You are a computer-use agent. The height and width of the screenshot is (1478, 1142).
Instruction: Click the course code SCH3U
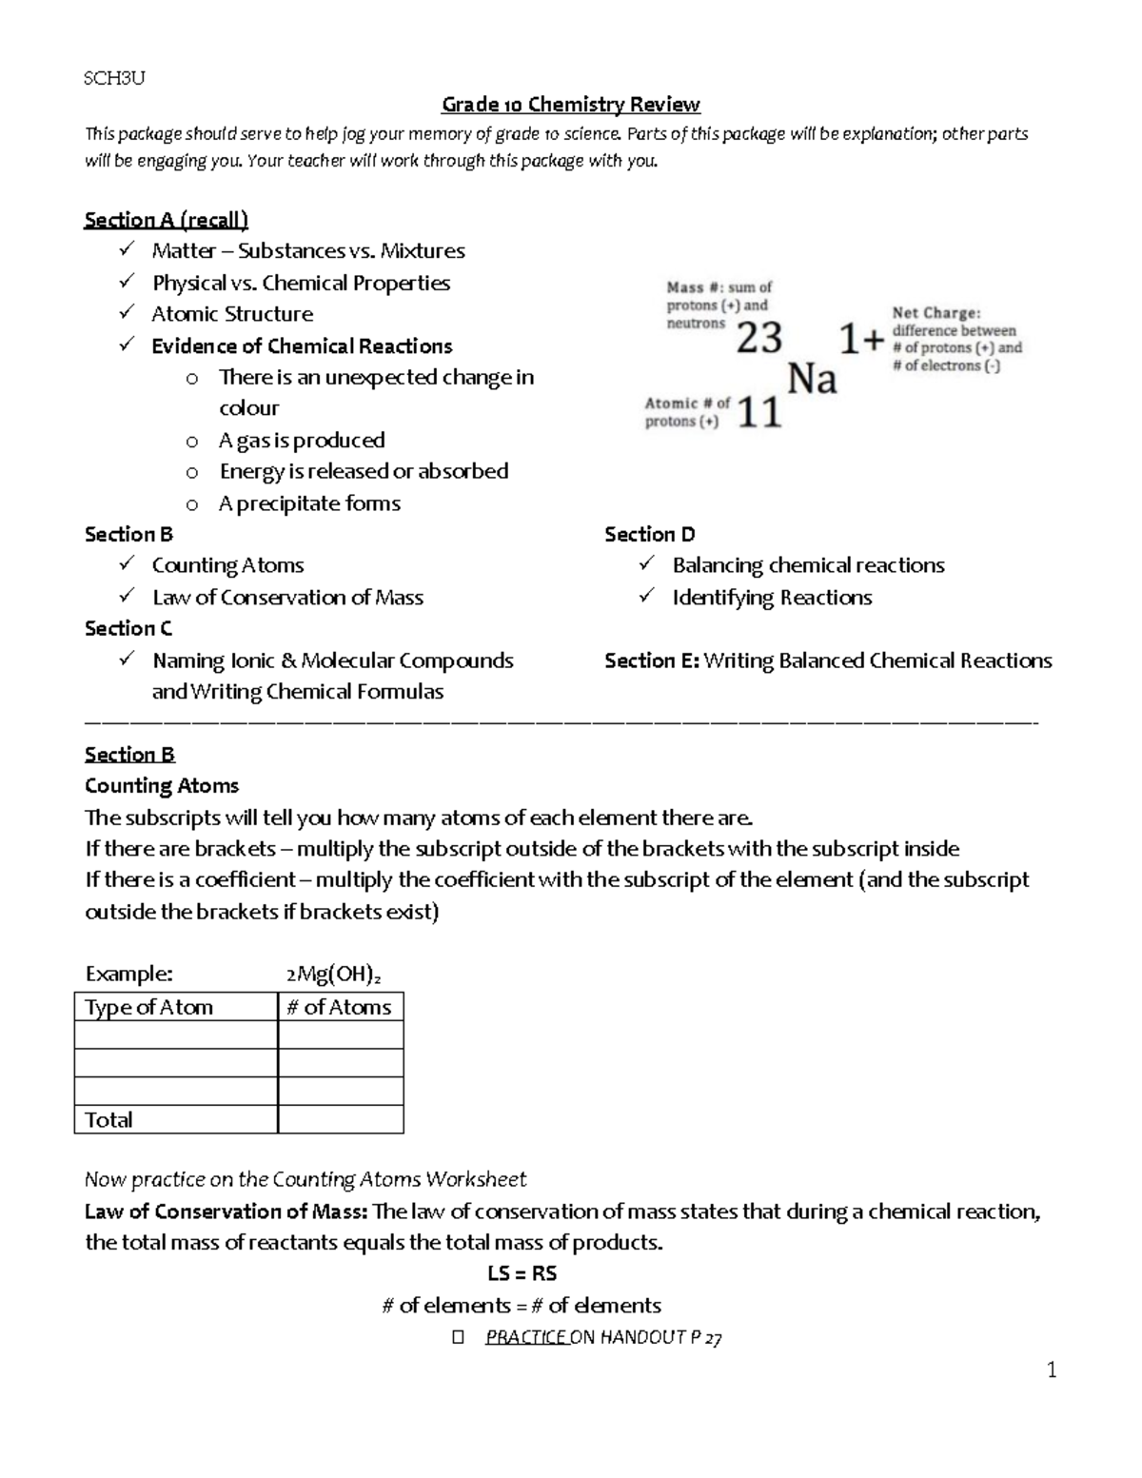114,79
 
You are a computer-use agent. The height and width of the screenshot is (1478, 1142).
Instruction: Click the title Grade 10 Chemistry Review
570,105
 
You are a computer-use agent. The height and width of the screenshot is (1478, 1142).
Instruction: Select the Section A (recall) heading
166,220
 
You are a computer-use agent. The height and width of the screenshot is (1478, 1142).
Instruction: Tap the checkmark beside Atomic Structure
127,313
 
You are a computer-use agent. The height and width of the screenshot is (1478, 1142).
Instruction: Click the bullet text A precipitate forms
309,503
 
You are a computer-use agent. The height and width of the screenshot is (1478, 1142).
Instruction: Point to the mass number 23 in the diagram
759,338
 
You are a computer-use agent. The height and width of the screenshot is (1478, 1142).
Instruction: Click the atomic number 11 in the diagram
759,412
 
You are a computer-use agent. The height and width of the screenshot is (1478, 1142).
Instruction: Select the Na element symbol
812,380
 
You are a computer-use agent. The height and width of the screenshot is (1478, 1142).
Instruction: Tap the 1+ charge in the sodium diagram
860,338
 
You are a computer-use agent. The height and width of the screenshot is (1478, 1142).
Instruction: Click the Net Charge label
935,312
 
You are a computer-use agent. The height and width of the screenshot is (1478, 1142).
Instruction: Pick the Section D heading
650,535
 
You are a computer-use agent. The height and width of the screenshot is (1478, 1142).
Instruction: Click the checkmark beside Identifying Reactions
647,596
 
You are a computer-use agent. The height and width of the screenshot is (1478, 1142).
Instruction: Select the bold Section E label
652,660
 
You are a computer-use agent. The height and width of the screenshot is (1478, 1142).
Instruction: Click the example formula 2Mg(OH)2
333,975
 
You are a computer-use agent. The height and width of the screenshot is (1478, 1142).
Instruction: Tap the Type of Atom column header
149,1007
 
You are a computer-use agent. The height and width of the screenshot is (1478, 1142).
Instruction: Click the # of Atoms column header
339,1007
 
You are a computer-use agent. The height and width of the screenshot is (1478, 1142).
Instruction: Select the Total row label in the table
108,1119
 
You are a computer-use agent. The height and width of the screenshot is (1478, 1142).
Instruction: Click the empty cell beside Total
340,1119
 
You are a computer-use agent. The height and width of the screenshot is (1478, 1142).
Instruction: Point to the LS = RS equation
522,1273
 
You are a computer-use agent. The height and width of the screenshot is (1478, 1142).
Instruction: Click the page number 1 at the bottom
1052,1370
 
